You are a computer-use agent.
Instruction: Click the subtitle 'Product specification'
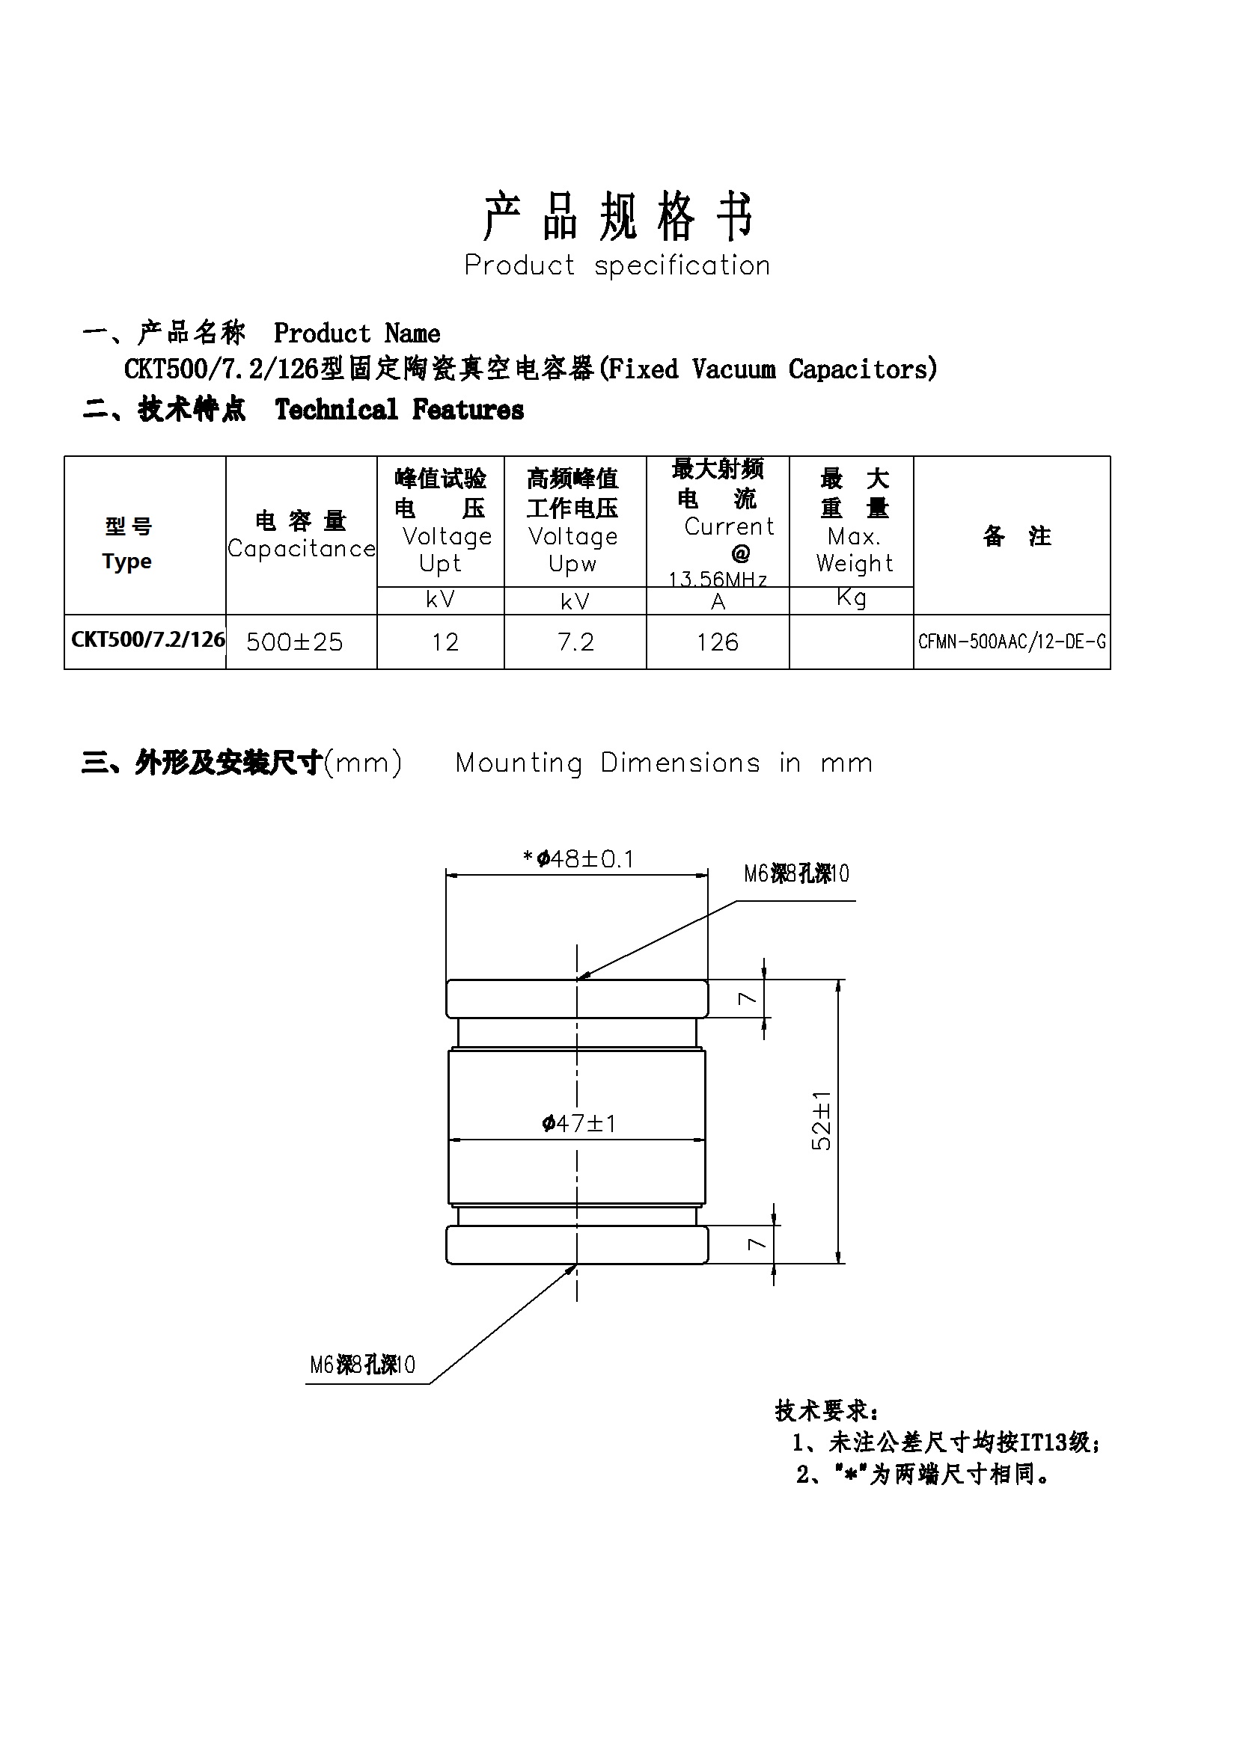point(617,266)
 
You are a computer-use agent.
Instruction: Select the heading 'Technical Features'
point(400,410)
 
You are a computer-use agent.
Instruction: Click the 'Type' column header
point(127,562)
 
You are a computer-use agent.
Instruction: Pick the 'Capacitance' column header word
point(302,548)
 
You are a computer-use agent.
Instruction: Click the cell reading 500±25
point(294,642)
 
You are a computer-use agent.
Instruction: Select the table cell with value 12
point(445,642)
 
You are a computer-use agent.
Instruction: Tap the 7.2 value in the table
point(575,642)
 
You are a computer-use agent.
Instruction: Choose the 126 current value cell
point(718,642)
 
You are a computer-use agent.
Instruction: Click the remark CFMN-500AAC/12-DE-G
point(1012,642)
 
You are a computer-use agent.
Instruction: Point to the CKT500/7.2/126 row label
point(148,639)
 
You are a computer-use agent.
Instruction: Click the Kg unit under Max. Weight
point(852,598)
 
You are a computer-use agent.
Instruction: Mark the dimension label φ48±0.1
point(579,859)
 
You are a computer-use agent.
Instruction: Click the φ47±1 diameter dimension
point(579,1124)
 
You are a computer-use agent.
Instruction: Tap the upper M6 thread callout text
point(796,873)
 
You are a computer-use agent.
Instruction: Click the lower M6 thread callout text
point(363,1365)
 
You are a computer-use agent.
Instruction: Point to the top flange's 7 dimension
point(748,998)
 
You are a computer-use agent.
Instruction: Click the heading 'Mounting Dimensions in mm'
point(664,763)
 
